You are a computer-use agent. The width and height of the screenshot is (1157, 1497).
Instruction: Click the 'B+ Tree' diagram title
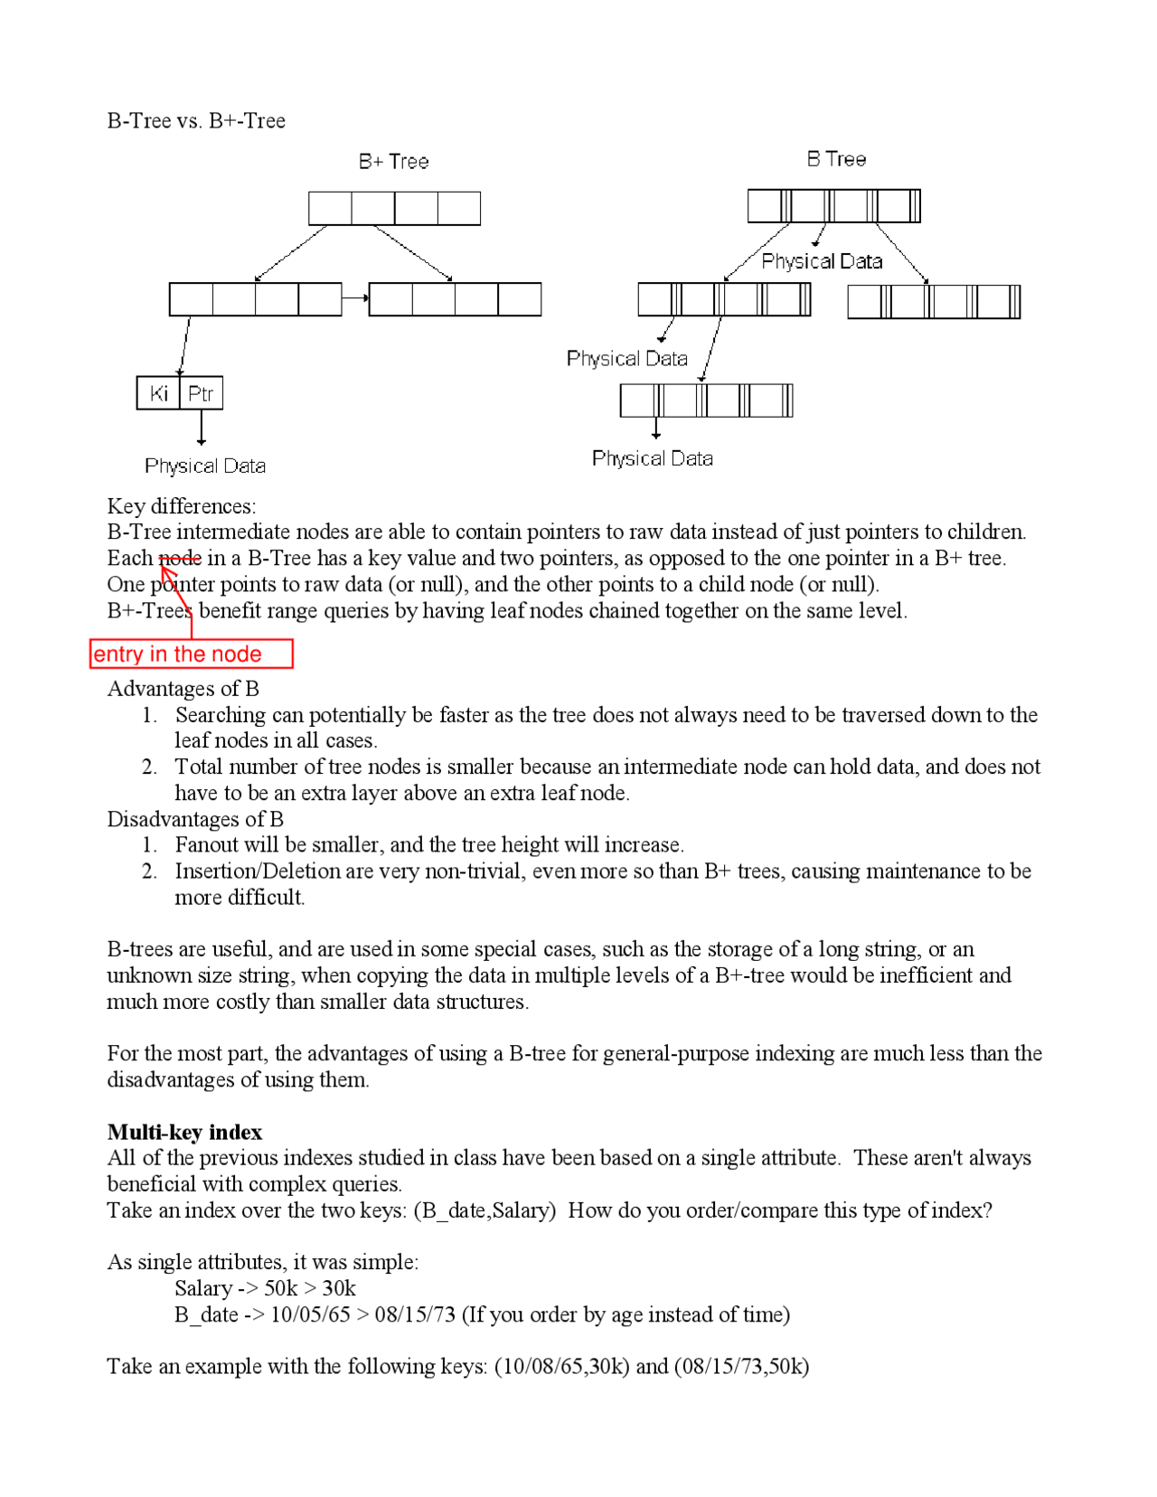tap(393, 162)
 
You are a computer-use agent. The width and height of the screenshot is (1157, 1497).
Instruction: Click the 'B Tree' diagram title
tap(836, 159)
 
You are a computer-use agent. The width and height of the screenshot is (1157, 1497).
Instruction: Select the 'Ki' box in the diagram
tap(158, 393)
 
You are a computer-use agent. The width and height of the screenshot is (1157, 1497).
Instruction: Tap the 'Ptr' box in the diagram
tap(201, 393)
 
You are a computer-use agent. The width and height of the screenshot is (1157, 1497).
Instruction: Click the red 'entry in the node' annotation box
tap(191, 654)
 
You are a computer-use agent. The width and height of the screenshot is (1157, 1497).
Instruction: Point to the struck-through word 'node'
tap(180, 558)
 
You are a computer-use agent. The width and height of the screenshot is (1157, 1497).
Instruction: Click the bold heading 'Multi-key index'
tap(184, 1132)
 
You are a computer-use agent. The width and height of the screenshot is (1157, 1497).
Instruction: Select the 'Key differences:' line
tap(181, 505)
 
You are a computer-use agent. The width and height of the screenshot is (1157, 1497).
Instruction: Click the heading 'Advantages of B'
tap(183, 689)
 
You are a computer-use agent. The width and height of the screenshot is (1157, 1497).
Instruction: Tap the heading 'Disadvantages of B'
tap(195, 819)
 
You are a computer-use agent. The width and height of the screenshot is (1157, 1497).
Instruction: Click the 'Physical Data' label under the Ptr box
tap(205, 466)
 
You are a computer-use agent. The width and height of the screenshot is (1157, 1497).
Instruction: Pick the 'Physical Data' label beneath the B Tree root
tap(822, 261)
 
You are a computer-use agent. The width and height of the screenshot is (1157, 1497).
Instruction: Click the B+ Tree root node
tap(394, 209)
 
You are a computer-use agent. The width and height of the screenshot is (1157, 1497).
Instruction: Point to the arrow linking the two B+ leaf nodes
tap(355, 298)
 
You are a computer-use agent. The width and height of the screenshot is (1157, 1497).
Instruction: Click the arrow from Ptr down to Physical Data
tap(201, 427)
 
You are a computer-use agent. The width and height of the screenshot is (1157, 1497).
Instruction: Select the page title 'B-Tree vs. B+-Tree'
tap(196, 121)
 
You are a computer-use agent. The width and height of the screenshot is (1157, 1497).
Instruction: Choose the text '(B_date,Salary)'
tap(484, 1210)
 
